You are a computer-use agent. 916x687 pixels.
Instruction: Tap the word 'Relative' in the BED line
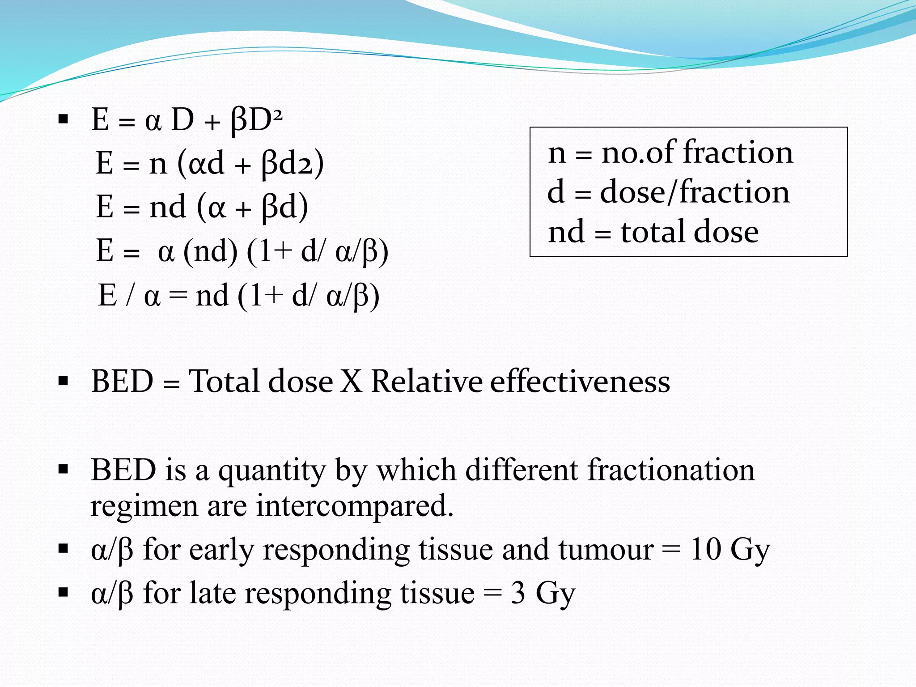(427, 382)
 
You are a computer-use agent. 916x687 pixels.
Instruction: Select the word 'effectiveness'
(580, 382)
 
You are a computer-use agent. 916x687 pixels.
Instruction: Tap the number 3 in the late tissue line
(518, 594)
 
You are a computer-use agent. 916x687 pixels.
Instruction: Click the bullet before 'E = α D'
(63, 119)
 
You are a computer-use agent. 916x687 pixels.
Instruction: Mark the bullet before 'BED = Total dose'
(63, 382)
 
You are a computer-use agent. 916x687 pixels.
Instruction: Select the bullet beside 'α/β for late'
(63, 593)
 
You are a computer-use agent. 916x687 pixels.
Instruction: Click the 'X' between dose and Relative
(352, 382)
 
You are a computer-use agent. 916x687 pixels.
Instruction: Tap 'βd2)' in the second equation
(293, 164)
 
